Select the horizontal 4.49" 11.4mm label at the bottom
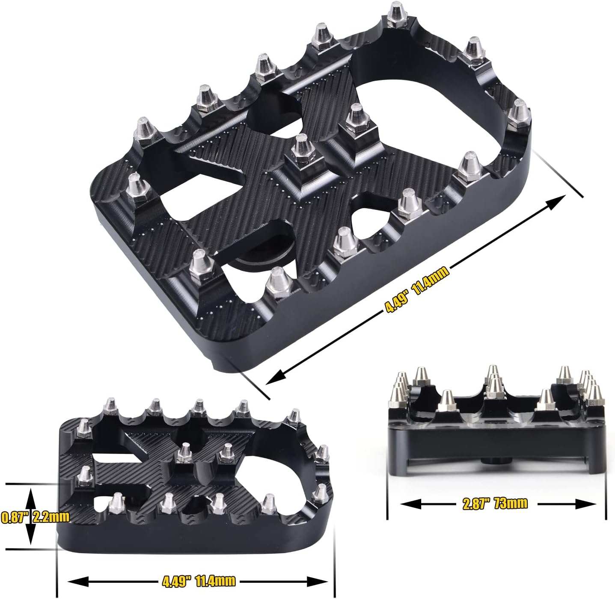point(199,581)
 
